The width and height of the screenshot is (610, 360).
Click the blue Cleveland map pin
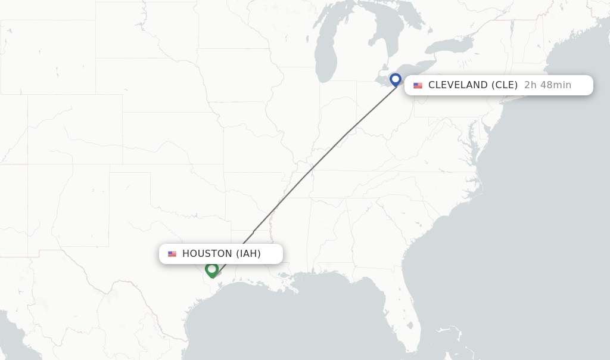(x=396, y=79)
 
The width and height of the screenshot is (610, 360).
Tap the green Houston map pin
(x=211, y=270)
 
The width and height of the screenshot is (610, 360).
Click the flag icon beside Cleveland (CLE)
(x=418, y=85)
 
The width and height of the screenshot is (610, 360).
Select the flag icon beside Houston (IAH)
(x=172, y=254)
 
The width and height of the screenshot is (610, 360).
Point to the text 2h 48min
(x=547, y=85)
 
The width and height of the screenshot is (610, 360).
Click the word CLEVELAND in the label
(x=457, y=85)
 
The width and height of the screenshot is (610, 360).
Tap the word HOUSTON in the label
(x=207, y=254)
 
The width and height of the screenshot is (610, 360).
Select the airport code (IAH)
(x=248, y=254)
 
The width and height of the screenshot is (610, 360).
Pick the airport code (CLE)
(x=504, y=85)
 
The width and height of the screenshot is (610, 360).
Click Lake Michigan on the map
(x=326, y=54)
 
